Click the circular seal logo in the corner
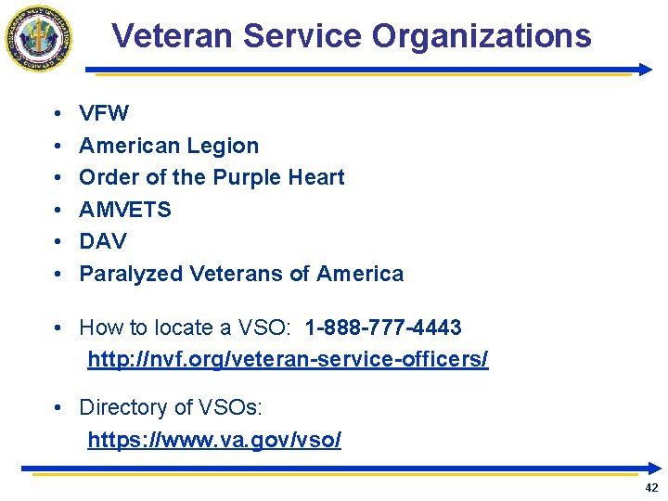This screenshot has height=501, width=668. [38, 38]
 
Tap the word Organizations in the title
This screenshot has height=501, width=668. [481, 36]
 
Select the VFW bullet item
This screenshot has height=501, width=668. [104, 114]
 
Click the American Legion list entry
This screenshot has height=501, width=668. [169, 146]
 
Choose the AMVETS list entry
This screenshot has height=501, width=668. [125, 210]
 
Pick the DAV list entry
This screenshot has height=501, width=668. [102, 241]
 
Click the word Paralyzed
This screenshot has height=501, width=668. [131, 274]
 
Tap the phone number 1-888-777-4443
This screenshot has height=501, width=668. [382, 328]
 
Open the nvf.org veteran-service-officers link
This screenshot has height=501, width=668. [288, 359]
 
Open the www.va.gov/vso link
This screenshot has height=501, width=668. [214, 440]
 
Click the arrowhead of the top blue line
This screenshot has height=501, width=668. [646, 70]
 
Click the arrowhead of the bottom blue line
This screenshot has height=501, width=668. [655, 469]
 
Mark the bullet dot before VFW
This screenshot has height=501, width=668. [58, 114]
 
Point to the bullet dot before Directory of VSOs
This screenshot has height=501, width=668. [58, 407]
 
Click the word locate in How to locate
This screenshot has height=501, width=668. [173, 328]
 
